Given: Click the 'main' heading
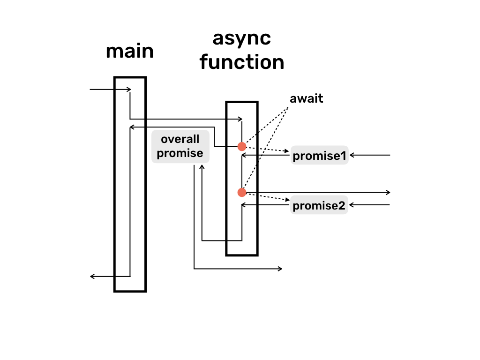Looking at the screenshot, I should point(130,51).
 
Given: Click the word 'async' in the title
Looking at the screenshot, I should point(241,38).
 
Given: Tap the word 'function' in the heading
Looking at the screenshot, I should point(241,62).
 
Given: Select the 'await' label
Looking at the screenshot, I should point(307,99).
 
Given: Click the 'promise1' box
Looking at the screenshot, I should point(319,156).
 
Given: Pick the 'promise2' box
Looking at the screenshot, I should point(319,205).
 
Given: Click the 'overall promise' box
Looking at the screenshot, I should point(180,146).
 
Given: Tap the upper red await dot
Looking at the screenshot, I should point(242,147).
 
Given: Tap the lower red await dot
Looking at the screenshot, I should point(242,192).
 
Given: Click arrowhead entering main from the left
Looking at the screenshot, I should point(128,89).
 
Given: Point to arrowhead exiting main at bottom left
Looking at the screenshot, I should point(92,277).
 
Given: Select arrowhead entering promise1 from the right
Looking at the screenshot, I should point(352,155).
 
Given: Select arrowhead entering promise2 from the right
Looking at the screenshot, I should point(352,205).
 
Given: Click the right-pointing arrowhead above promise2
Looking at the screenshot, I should point(388,192).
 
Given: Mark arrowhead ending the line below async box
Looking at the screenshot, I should point(280,269).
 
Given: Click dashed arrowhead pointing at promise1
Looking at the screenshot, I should point(287,151).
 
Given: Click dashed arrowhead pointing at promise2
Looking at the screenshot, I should point(287,201).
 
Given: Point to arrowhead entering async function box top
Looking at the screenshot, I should point(240,119).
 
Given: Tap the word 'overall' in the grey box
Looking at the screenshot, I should point(180,140).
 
